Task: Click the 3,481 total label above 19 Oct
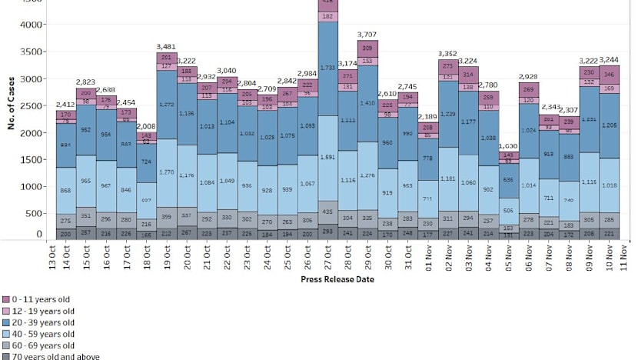pyautogui.click(x=164, y=47)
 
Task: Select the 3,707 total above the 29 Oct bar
pyautogui.click(x=366, y=35)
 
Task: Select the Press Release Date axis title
pyautogui.click(x=337, y=279)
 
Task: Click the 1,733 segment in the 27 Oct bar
pyautogui.click(x=328, y=68)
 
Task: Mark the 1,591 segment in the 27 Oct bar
pyautogui.click(x=328, y=157)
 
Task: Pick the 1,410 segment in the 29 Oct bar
pyautogui.click(x=366, y=102)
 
